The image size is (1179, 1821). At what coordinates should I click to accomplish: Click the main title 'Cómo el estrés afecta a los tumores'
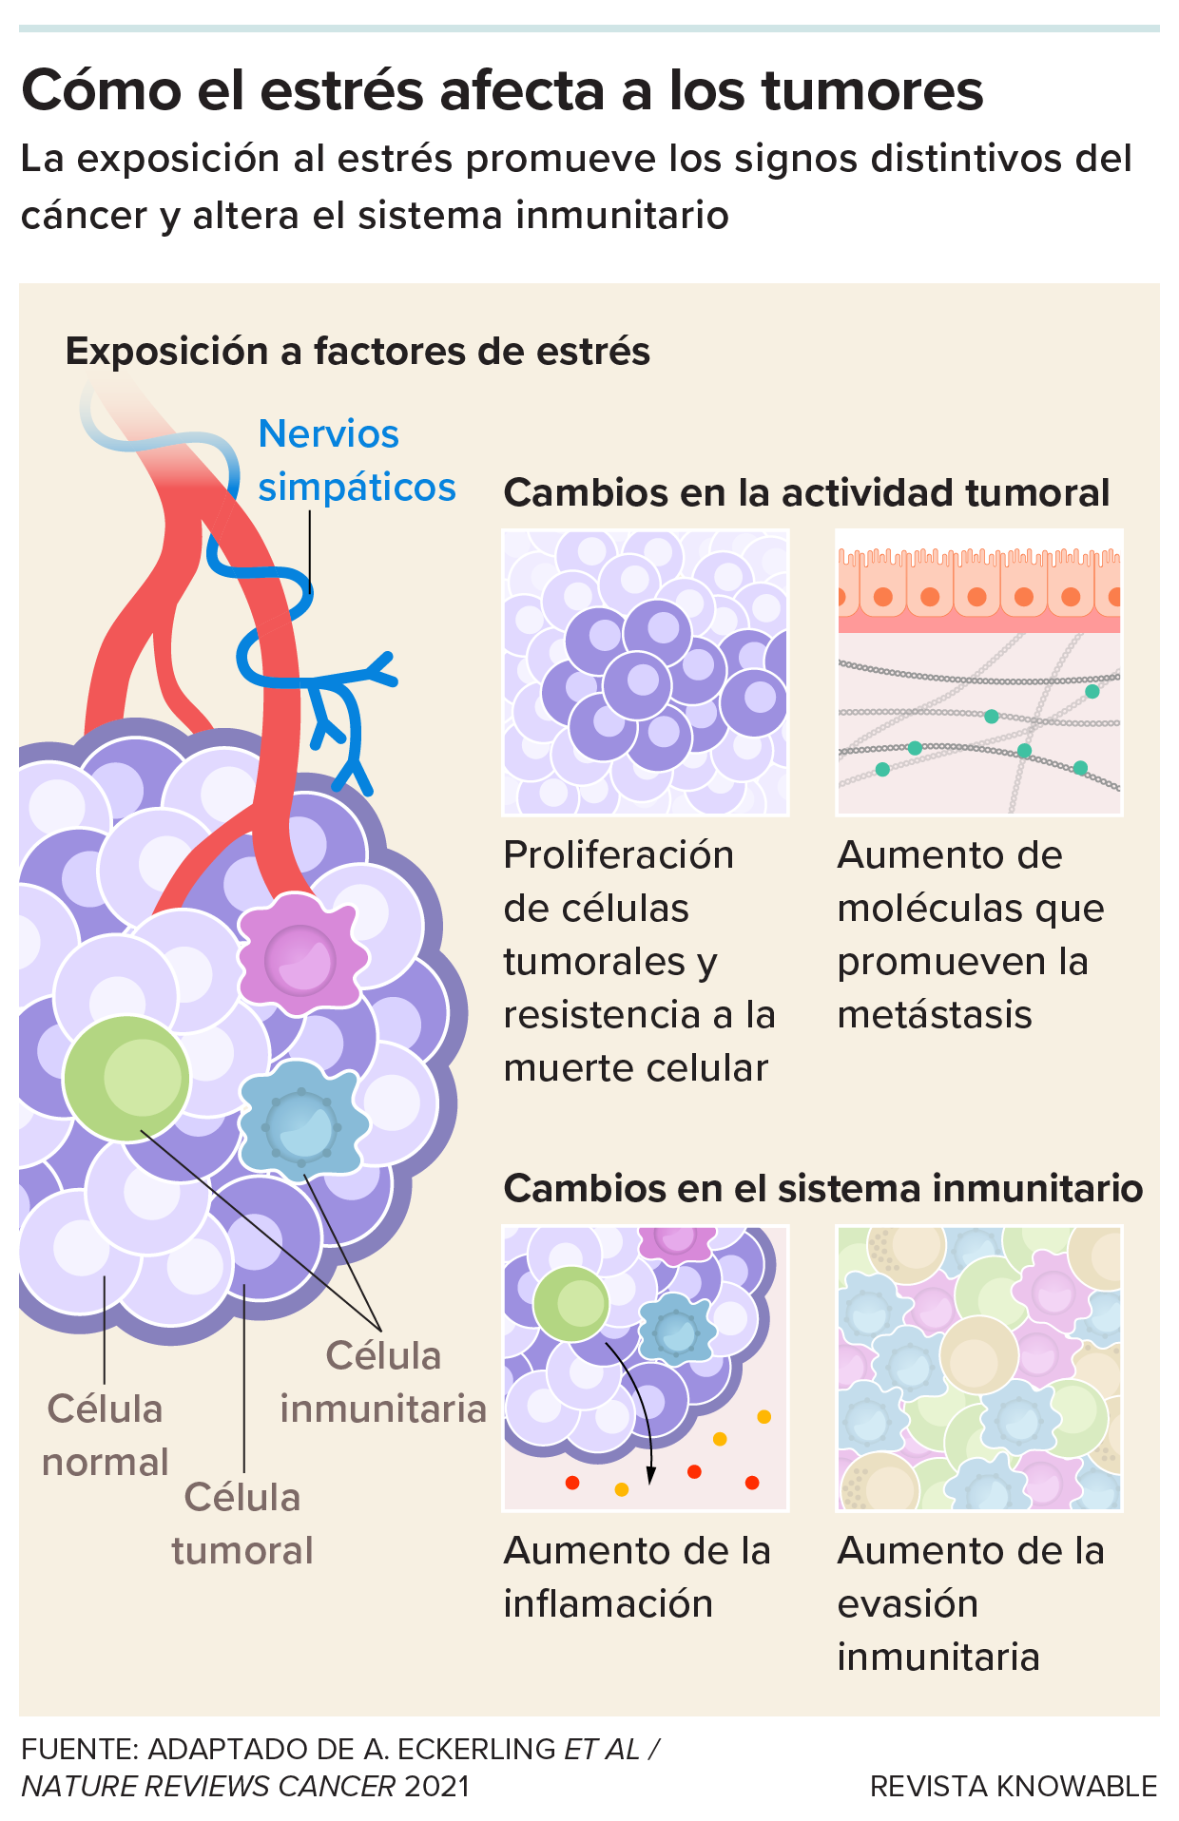coord(502,91)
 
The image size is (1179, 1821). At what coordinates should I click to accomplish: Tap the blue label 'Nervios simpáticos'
coord(356,460)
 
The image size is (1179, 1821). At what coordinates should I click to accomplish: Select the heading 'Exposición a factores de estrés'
coord(358,352)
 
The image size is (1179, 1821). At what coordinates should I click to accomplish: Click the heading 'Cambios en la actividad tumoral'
coord(806,492)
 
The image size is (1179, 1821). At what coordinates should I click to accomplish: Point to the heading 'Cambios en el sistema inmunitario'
coord(822,1188)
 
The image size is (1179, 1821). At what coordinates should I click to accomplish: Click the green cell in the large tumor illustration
coord(126,1078)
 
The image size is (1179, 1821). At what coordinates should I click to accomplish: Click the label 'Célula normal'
coord(105,1435)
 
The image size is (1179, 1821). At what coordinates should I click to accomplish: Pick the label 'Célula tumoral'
coord(242,1524)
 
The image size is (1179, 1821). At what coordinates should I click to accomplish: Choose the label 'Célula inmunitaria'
coord(383,1382)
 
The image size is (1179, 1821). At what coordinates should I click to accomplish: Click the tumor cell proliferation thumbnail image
coord(646,673)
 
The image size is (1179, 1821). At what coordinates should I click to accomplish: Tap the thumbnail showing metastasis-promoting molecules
coord(979,673)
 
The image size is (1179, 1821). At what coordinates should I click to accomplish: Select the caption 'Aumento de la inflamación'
coord(637,1577)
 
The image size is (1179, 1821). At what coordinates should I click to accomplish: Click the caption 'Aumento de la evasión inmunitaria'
coord(970,1603)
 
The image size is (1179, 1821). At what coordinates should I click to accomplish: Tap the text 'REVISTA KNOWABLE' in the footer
coord(1014,1787)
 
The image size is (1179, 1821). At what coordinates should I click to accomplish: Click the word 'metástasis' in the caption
coord(934,1015)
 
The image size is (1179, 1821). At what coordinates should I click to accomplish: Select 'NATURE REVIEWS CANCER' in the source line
coord(208,1787)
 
